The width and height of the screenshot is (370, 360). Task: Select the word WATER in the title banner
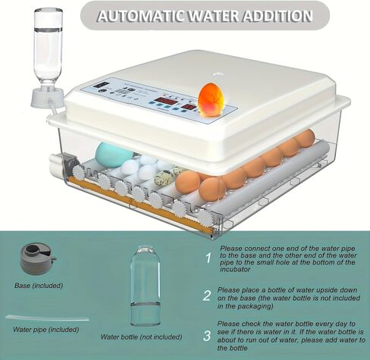pyautogui.click(x=207, y=15)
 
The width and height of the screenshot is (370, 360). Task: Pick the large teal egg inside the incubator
pyautogui.click(x=114, y=155)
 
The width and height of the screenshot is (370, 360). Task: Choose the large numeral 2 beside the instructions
pyautogui.click(x=206, y=295)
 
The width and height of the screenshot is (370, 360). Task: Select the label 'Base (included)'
pyautogui.click(x=39, y=286)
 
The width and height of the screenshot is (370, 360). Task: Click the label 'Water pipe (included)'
pyautogui.click(x=45, y=330)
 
